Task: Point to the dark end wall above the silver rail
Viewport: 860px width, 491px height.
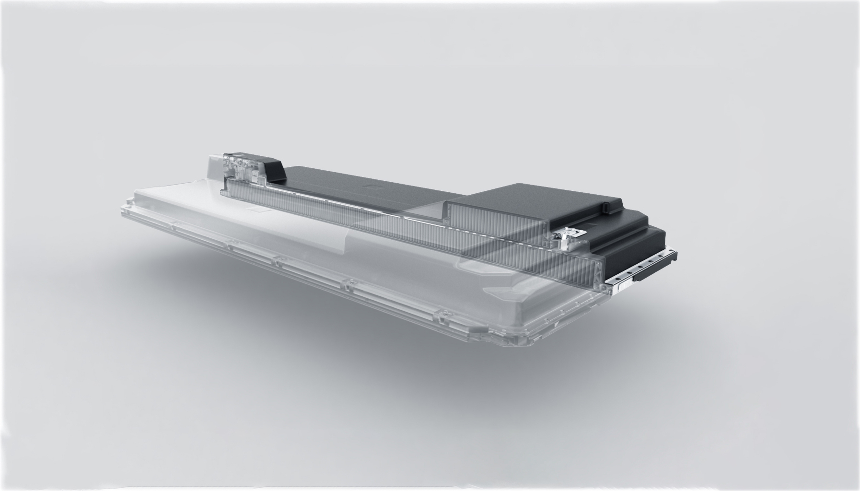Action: [x=638, y=245]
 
